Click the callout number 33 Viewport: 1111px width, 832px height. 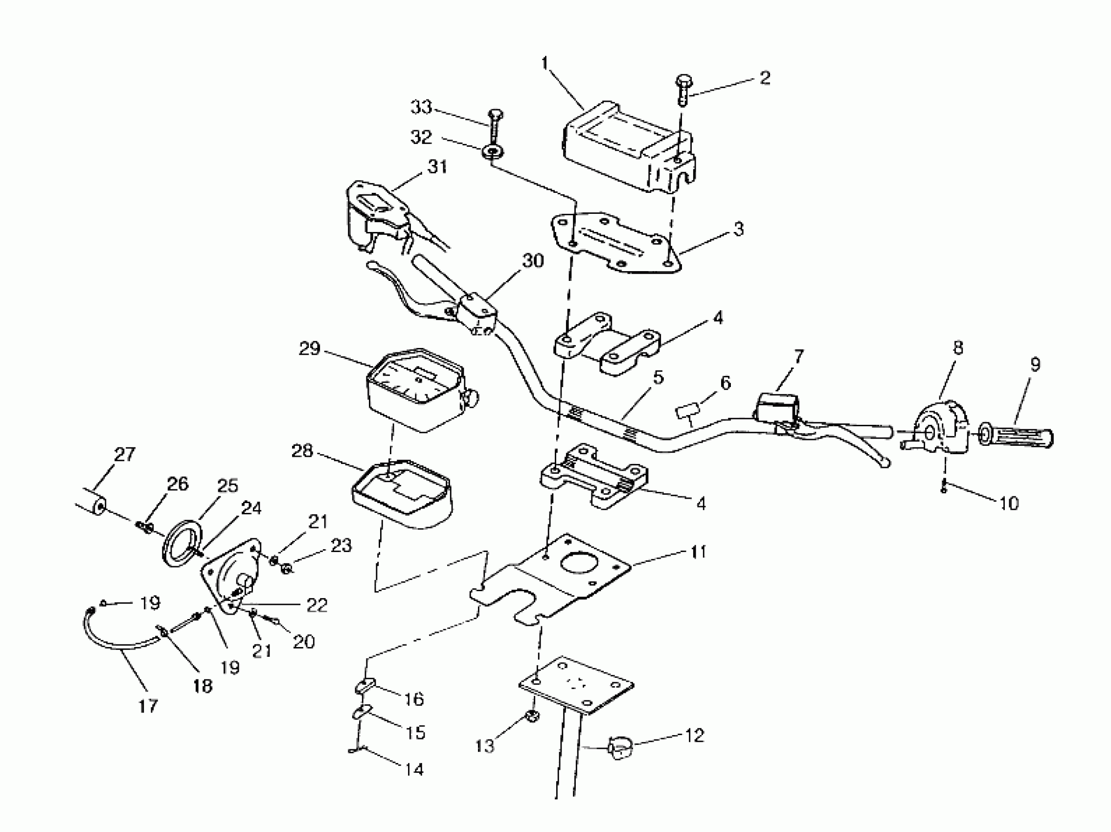tap(421, 107)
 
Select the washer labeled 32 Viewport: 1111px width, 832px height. tap(493, 151)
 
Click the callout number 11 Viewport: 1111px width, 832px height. tap(698, 552)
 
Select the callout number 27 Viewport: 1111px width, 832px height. tap(125, 454)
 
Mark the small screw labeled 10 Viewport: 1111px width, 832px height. tap(944, 488)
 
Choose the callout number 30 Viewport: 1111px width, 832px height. tap(533, 261)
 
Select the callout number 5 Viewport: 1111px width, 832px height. tap(658, 377)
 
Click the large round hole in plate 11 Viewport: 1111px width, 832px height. tap(577, 564)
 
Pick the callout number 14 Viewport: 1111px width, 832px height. tap(414, 769)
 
